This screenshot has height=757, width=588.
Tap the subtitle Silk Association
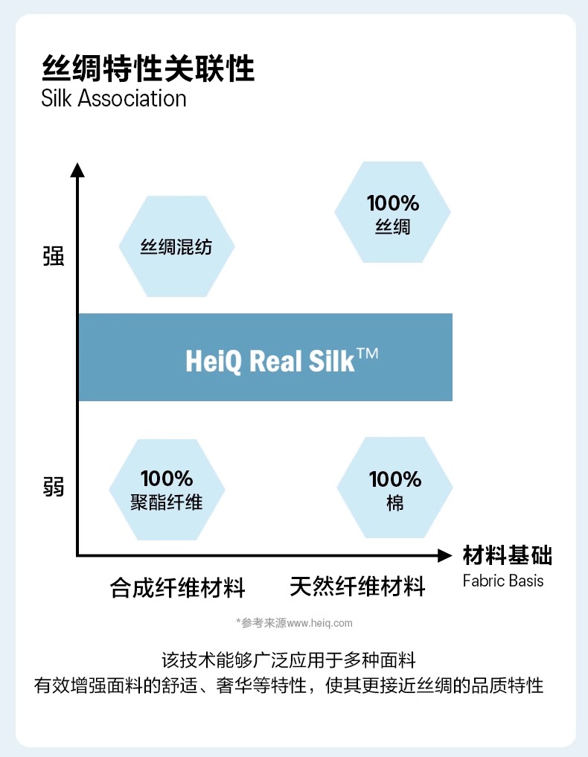(114, 99)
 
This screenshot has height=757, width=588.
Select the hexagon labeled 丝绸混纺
(176, 246)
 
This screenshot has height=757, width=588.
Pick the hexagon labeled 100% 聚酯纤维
(167, 490)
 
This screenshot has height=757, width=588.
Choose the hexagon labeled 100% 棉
(394, 489)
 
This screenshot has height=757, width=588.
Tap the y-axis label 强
(54, 257)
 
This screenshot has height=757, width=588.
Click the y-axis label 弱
(54, 488)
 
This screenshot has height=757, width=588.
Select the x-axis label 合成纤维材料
(177, 588)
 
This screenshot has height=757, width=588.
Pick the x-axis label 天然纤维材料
(357, 587)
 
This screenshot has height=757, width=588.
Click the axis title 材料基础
(507, 556)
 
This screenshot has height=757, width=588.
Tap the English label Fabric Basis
(502, 581)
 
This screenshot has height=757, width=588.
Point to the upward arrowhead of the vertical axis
(77, 170)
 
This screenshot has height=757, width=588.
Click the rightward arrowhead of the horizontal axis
(444, 555)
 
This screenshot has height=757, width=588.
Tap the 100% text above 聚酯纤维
(167, 478)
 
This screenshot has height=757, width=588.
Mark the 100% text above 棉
(394, 479)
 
